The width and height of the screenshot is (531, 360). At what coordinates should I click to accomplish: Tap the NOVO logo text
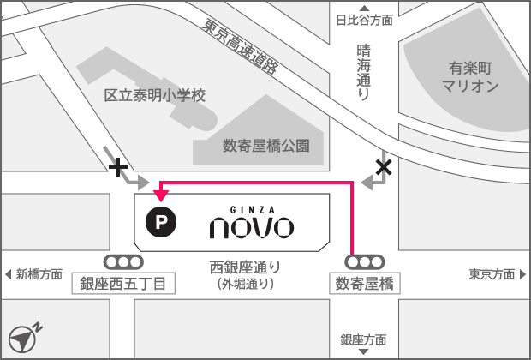(252, 227)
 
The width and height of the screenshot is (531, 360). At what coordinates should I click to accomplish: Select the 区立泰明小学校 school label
(155, 95)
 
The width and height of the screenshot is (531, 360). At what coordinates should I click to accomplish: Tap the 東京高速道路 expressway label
(241, 48)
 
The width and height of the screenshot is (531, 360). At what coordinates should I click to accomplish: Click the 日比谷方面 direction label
(364, 20)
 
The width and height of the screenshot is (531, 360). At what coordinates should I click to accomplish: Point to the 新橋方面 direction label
(34, 274)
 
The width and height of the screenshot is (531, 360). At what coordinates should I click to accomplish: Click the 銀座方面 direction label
(363, 340)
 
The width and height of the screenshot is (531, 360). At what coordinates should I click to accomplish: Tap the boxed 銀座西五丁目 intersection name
(123, 284)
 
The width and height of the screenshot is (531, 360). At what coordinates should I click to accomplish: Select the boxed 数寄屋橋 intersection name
(364, 284)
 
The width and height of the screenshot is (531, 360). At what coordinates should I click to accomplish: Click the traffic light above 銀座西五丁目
(123, 261)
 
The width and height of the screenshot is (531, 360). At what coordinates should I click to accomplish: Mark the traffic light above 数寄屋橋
(364, 261)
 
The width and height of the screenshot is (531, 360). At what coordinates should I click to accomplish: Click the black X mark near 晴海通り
(384, 167)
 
